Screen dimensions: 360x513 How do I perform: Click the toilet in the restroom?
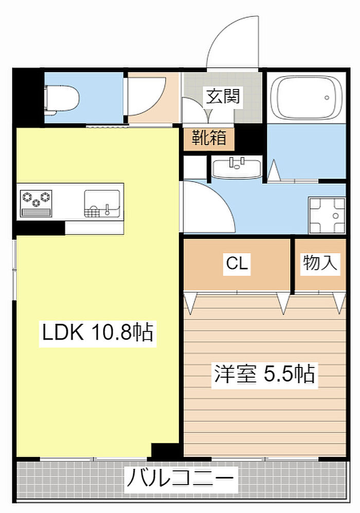point(63,99)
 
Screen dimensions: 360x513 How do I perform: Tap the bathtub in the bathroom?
point(306,97)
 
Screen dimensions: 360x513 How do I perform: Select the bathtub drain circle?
point(327,97)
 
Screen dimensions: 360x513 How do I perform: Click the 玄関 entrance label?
point(223,96)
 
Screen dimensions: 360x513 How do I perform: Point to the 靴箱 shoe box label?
point(209,137)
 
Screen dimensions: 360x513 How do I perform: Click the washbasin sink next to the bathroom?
point(237,168)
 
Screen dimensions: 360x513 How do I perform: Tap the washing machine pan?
point(327,216)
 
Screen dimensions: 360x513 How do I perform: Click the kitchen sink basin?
point(102,203)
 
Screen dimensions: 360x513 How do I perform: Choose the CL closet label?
point(237,263)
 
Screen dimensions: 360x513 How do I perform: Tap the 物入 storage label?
point(319,263)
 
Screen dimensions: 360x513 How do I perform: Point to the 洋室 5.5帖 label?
point(264,374)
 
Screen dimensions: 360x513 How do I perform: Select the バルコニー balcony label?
point(180,479)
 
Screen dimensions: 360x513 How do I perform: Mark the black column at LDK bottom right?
point(165,451)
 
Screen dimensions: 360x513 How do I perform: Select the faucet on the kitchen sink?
point(107,210)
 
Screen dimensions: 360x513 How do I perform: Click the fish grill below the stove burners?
point(37,213)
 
